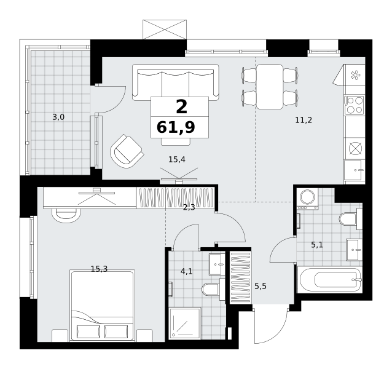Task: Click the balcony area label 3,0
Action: click(x=58, y=117)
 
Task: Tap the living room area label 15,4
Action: click(x=177, y=159)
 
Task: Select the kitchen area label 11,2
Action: click(x=304, y=121)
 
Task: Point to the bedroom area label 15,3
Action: click(x=99, y=269)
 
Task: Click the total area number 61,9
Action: click(x=176, y=127)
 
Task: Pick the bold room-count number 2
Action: click(x=182, y=106)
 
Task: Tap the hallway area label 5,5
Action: click(x=261, y=286)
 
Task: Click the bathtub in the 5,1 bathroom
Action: click(x=329, y=280)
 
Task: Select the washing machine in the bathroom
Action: click(x=307, y=199)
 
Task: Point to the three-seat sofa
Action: click(x=176, y=82)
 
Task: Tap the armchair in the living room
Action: click(x=127, y=151)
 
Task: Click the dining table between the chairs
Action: click(x=270, y=87)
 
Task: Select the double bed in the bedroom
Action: click(x=102, y=305)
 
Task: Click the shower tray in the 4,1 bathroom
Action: click(x=185, y=323)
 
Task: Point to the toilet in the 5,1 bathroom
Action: click(x=351, y=219)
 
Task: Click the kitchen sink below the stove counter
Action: click(x=355, y=170)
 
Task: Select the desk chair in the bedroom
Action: click(x=66, y=215)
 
